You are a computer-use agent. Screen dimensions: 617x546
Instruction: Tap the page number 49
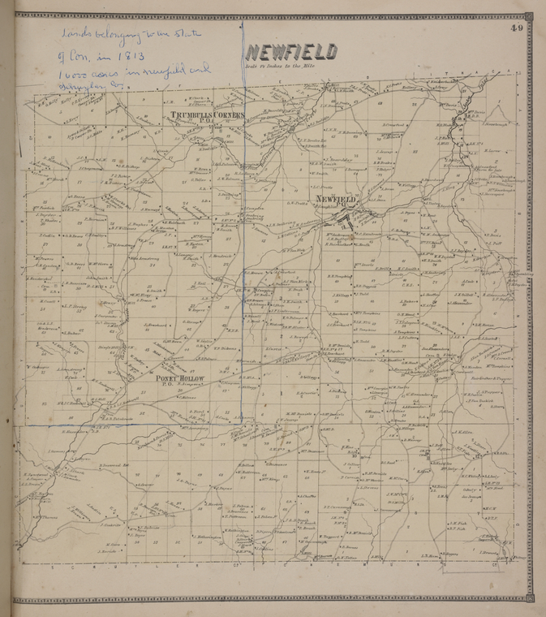(x=517, y=30)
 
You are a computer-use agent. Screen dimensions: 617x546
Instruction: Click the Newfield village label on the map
(x=334, y=199)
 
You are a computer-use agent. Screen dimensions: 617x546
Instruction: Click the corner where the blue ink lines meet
(x=241, y=422)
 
